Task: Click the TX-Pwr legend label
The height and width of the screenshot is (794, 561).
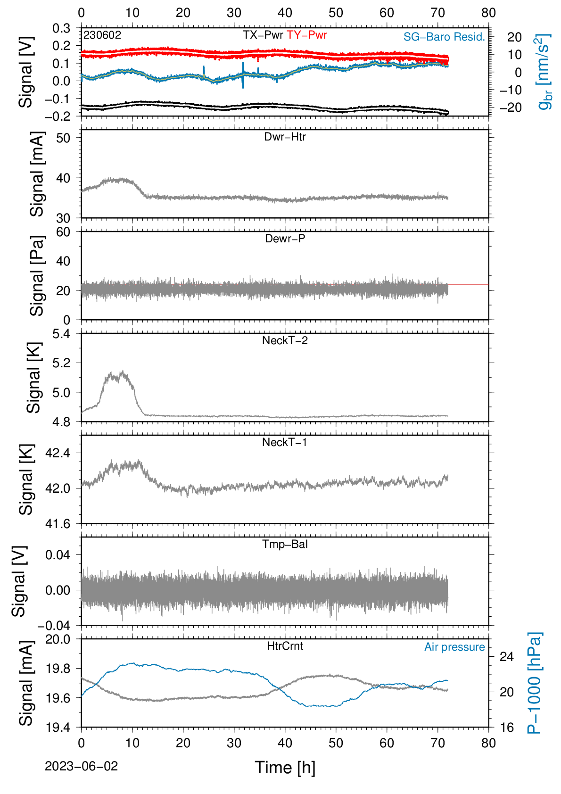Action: tap(263, 35)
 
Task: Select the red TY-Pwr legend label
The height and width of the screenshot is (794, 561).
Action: tap(306, 35)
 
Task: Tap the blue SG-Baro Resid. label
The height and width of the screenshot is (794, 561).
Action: tap(444, 37)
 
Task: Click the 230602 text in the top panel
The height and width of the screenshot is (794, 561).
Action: tap(102, 35)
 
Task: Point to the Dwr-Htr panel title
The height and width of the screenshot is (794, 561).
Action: tap(285, 137)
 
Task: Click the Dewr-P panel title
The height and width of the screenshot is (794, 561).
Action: tap(285, 239)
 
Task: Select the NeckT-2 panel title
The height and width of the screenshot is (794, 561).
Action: tap(285, 340)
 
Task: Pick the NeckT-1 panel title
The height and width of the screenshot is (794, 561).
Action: tap(285, 442)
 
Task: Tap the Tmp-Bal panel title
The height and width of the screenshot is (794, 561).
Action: tap(285, 544)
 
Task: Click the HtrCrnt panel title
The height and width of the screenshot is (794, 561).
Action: tap(285, 646)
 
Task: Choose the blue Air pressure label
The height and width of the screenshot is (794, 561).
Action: tap(454, 647)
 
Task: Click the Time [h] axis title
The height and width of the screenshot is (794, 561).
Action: tap(285, 768)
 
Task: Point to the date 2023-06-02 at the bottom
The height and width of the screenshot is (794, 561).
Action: tap(81, 766)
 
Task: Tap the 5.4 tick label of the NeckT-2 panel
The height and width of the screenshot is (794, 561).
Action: tap(61, 333)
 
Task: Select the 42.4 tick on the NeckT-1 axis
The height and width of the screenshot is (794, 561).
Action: tap(58, 453)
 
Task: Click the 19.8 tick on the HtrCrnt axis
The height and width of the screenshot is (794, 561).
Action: tap(58, 669)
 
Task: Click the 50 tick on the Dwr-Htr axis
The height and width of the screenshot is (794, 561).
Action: tap(63, 138)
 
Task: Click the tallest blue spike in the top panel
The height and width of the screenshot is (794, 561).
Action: tap(243, 75)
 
